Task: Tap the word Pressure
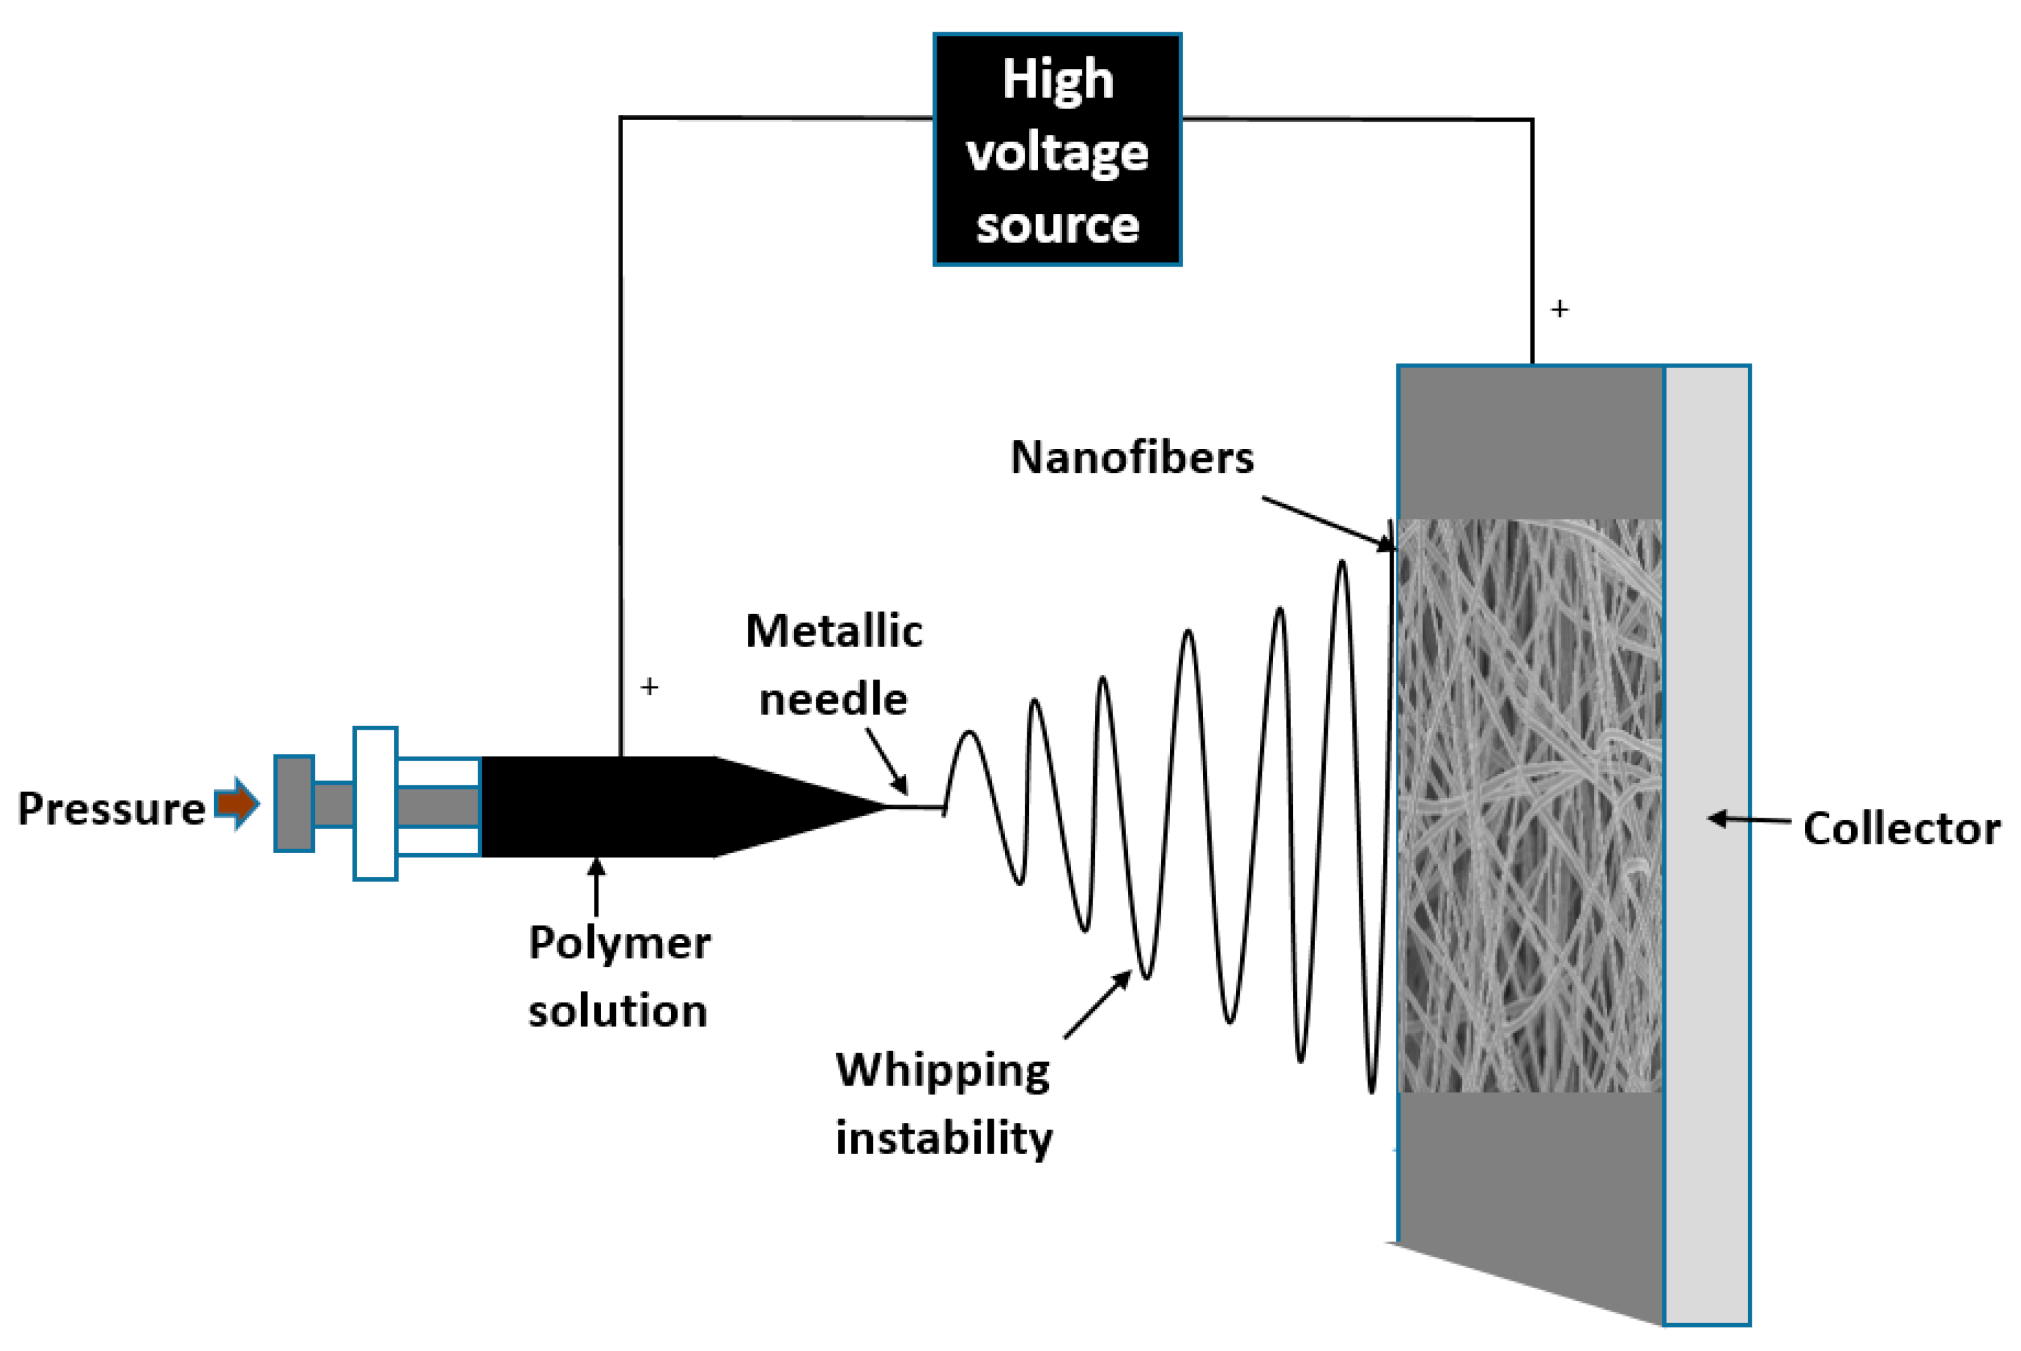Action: (x=111, y=809)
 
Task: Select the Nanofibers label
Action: (x=1132, y=457)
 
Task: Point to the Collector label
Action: (x=1901, y=829)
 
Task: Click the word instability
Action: (x=944, y=1138)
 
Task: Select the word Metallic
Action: (x=833, y=631)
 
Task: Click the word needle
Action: (x=833, y=698)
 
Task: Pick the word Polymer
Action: (x=620, y=944)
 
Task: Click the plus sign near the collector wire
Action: (x=1559, y=308)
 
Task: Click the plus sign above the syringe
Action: (x=649, y=687)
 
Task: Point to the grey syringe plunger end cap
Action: (x=294, y=804)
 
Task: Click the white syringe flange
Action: (x=375, y=804)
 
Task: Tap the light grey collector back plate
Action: (x=1707, y=845)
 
